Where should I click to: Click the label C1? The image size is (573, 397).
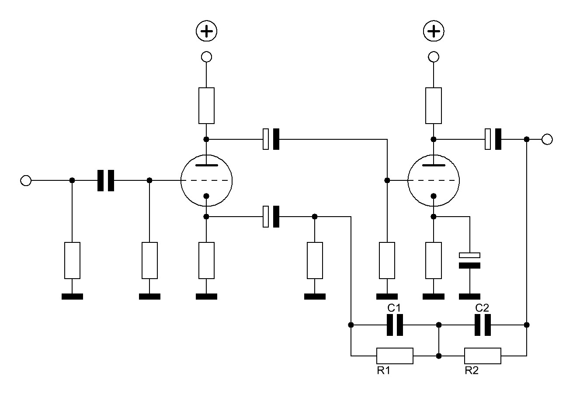[x=394, y=308]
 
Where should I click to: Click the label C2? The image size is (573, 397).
[x=482, y=308]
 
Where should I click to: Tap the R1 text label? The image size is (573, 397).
[x=383, y=370]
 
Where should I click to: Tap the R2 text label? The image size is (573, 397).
[x=472, y=370]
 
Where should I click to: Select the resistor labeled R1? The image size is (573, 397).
[x=395, y=356]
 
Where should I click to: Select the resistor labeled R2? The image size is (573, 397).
[x=483, y=356]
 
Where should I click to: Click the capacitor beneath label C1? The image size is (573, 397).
[x=395, y=325]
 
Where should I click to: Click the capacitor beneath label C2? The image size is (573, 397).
[x=483, y=325]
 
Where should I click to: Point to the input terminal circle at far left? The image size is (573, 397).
[x=26, y=180]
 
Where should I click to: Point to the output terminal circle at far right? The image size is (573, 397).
[x=547, y=139]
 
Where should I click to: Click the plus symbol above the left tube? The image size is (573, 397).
[x=206, y=31]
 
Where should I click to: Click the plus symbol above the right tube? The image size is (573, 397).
[x=434, y=31]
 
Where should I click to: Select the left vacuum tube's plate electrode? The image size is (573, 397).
[x=206, y=165]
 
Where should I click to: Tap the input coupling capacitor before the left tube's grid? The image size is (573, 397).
[x=106, y=180]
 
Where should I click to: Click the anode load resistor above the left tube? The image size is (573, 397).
[x=206, y=106]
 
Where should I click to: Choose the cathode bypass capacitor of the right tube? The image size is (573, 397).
[x=470, y=260]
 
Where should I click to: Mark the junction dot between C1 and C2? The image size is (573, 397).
[x=439, y=325]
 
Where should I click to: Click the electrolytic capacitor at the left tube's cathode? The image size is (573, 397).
[x=271, y=217]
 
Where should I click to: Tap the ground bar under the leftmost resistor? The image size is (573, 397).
[x=72, y=297]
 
